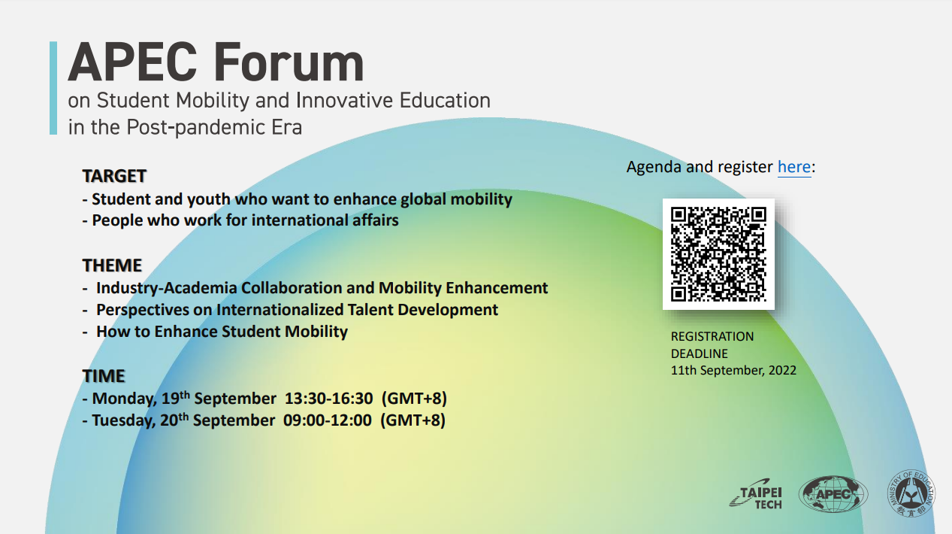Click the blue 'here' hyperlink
[793, 166]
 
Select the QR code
[718, 254]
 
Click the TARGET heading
[114, 176]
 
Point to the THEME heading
[112, 265]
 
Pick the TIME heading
[104, 376]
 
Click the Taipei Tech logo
[757, 496]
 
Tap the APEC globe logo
[833, 496]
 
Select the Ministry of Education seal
[911, 495]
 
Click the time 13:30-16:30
[328, 399]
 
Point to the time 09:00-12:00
[327, 420]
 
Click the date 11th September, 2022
[733, 370]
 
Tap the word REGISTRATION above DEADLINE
[712, 336]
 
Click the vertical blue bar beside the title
[53, 88]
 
